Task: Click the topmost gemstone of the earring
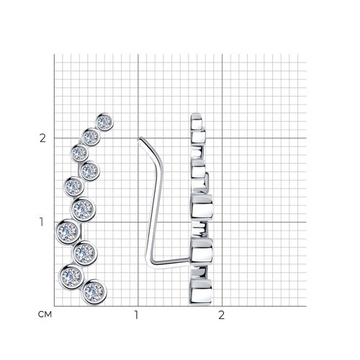click(x=104, y=122)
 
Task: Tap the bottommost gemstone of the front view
click(x=94, y=292)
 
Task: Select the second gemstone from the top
click(x=91, y=137)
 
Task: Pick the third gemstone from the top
click(x=79, y=153)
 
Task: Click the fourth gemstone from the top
click(x=90, y=171)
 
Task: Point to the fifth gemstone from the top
click(x=74, y=186)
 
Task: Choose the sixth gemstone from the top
click(x=83, y=210)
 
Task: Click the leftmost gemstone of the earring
click(x=68, y=232)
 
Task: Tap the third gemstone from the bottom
click(x=85, y=253)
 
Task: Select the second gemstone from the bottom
click(x=71, y=276)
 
